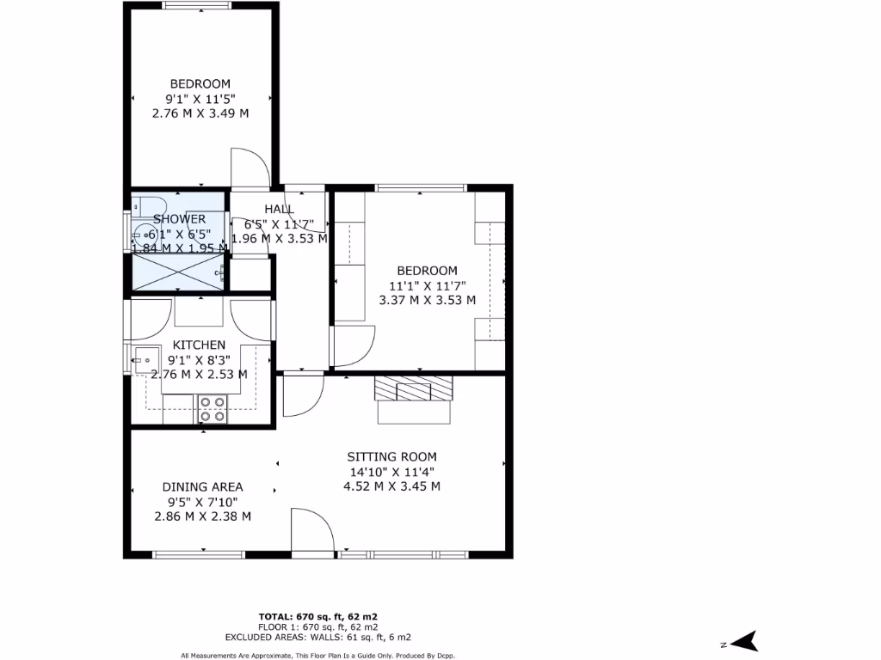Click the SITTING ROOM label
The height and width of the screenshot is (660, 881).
point(391,457)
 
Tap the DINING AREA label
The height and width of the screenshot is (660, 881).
point(202,486)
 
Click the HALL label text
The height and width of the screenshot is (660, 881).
point(280,209)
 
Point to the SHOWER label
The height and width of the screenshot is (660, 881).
point(179,219)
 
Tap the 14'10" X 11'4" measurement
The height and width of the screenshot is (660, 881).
point(391,472)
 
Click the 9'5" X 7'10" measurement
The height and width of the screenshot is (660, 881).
point(202,502)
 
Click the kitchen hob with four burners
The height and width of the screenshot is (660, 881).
point(212,409)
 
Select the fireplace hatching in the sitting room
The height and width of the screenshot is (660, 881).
point(412,388)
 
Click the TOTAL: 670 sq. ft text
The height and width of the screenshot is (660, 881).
point(318,617)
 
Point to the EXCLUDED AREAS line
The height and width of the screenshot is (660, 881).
point(318,638)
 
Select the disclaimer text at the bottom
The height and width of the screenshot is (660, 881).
point(318,656)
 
